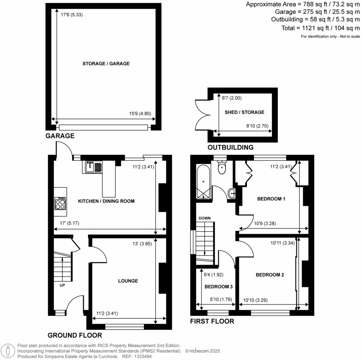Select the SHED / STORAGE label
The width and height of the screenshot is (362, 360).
tap(244, 112)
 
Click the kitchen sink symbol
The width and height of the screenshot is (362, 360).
tap(93, 167)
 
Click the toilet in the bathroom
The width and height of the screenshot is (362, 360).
tap(222, 168)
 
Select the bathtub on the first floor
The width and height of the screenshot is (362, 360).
tap(203, 182)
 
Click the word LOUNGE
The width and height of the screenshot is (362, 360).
tap(128, 281)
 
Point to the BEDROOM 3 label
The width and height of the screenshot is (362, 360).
tap(218, 287)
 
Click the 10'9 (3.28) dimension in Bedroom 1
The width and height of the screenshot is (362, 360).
tap(263, 223)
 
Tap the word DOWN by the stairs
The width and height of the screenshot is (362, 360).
tap(204, 218)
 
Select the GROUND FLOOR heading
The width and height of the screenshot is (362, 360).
tap(75, 335)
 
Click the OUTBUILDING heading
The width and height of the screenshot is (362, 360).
tap(230, 147)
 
